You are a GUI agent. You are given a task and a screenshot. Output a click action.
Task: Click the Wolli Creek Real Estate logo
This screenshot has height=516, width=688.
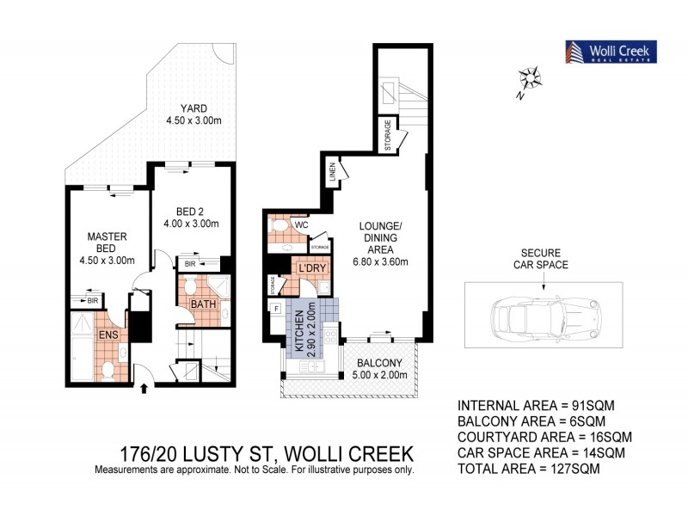coord(611,52)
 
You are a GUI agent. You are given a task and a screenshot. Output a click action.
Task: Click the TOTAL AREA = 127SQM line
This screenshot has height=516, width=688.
coord(529,470)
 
